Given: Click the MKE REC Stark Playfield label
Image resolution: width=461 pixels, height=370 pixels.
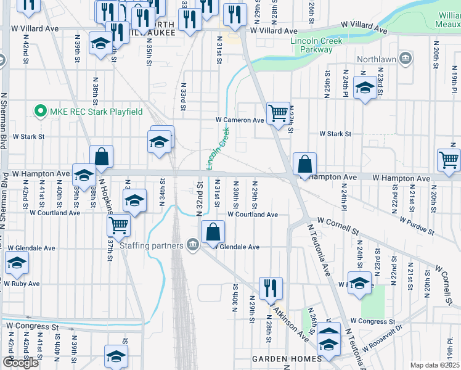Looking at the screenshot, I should [96, 112].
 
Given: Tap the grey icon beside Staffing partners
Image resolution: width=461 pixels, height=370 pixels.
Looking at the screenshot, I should [192, 245].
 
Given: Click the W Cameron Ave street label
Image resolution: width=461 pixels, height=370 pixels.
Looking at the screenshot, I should [239, 120].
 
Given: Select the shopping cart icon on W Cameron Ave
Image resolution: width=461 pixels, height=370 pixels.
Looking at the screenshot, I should [278, 112].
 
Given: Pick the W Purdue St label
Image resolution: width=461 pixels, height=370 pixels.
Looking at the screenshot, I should [417, 226].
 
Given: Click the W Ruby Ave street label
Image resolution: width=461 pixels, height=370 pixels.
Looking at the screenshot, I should [22, 284].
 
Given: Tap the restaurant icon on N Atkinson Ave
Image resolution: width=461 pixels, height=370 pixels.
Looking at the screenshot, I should [270, 287].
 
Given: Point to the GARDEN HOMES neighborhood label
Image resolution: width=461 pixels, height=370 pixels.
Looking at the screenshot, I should [287, 359].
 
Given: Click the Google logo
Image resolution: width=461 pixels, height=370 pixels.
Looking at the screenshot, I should [20, 363].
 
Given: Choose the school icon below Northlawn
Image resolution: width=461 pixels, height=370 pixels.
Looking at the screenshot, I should [365, 89].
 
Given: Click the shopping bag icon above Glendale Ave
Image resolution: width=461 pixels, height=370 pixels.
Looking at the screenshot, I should [213, 232].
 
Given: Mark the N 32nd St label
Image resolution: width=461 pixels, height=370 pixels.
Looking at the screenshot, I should [200, 199].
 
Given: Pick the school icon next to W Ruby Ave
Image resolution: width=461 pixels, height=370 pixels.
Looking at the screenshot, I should [17, 263].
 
